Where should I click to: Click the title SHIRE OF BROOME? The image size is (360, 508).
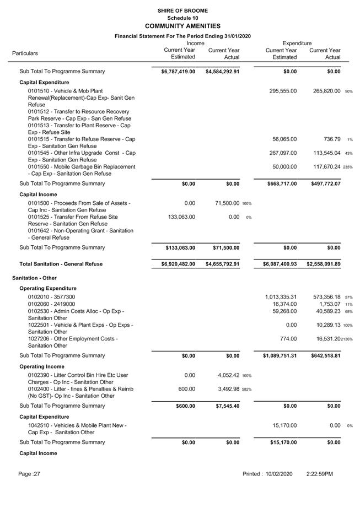pyautogui.click(x=182, y=10)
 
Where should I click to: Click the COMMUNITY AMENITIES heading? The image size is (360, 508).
pyautogui.click(x=182, y=26)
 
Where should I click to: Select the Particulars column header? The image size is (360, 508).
pyautogui.click(x=25, y=53)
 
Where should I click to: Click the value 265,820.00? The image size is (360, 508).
pyautogui.click(x=325, y=91)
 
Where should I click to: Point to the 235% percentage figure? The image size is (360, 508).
pyautogui.click(x=347, y=167)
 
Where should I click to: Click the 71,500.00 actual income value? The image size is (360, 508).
pyautogui.click(x=223, y=204)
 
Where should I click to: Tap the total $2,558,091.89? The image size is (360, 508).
pyautogui.click(x=324, y=264)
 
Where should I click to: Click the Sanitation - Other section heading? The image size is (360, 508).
pyautogui.click(x=34, y=278)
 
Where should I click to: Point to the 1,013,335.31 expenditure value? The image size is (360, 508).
pyautogui.click(x=281, y=297)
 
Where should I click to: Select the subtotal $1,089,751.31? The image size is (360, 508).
pyautogui.click(x=280, y=356)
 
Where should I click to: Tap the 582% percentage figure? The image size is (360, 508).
pyautogui.click(x=246, y=390)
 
